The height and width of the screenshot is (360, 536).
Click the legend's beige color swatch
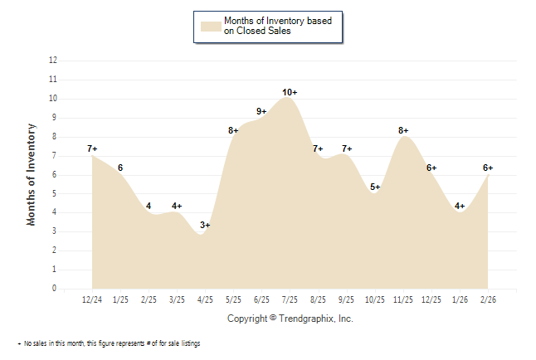(x=210, y=26)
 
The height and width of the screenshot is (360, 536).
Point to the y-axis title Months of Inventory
(x=32, y=174)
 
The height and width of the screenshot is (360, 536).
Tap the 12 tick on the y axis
(x=53, y=61)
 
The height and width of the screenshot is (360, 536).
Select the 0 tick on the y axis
(x=55, y=289)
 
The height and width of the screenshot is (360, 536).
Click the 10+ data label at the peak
(x=290, y=92)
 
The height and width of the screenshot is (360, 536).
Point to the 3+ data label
(x=205, y=225)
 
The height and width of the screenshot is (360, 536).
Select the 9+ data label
(x=261, y=111)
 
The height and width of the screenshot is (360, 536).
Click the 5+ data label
(x=375, y=187)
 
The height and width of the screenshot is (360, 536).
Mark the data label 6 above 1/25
(x=120, y=168)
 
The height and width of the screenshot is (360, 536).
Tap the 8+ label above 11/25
(x=403, y=130)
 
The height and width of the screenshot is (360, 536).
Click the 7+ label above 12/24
(x=92, y=148)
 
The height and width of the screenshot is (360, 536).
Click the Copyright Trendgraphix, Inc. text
(x=290, y=319)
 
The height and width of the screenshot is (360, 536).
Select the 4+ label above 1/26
(x=460, y=206)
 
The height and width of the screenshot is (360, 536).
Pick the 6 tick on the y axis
(x=55, y=175)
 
